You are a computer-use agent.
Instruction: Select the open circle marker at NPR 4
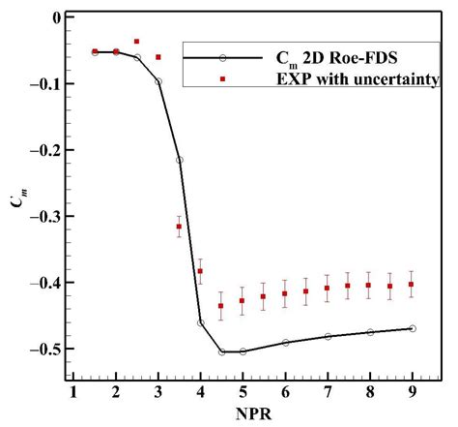click(x=201, y=322)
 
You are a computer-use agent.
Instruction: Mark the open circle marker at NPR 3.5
click(x=180, y=160)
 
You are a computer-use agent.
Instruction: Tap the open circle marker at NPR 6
click(x=285, y=342)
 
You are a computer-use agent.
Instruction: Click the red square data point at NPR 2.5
click(x=137, y=42)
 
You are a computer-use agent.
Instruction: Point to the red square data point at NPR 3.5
click(x=180, y=227)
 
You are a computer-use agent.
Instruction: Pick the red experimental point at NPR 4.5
click(x=221, y=306)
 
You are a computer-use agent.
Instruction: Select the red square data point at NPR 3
click(x=158, y=57)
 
